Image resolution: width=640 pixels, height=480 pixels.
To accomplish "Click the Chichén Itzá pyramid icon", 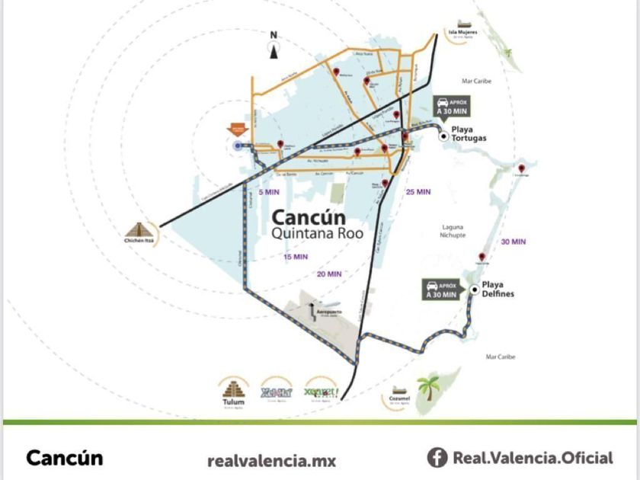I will pos(139,228).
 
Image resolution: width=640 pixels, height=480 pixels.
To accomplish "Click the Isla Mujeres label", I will pos(462,32).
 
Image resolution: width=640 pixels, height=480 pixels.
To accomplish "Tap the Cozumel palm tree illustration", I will pos(428,389).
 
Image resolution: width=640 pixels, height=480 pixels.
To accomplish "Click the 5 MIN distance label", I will pos(265,194).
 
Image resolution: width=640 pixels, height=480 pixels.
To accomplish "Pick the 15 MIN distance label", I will pos(296,256).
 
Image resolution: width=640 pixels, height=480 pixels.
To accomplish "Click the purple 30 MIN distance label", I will pos(514,242).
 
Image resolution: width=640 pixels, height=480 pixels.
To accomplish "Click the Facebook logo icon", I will pos(437,458).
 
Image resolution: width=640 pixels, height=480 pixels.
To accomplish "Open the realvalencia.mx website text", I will pos(271,460).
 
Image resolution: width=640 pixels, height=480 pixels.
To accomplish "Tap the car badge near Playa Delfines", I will pos(441,289).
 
